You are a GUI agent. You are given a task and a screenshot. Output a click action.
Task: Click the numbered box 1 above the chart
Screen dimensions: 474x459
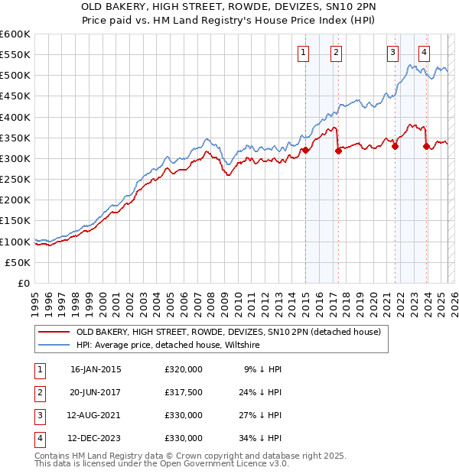[304, 53]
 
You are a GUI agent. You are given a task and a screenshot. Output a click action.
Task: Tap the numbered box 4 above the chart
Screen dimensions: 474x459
[424, 53]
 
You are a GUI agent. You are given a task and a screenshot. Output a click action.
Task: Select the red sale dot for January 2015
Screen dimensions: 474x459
[305, 150]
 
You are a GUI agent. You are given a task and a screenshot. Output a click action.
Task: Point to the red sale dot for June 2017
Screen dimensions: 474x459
[338, 151]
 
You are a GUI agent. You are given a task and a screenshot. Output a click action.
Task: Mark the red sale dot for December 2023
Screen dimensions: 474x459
[426, 146]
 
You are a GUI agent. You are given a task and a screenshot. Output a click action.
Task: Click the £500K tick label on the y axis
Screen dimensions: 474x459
[15, 76]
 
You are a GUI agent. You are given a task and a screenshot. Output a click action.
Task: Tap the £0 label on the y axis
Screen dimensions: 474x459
[23, 284]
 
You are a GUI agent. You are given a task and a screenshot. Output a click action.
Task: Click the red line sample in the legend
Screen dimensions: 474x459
[54, 332]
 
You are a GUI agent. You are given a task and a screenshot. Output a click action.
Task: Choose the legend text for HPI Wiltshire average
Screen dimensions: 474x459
[168, 346]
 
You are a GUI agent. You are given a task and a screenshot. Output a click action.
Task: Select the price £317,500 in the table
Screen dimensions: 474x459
[184, 392]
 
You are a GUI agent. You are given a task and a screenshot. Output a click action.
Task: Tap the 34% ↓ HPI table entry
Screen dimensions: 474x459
[261, 438]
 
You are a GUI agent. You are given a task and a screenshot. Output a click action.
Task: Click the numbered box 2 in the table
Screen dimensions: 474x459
[37, 392]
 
